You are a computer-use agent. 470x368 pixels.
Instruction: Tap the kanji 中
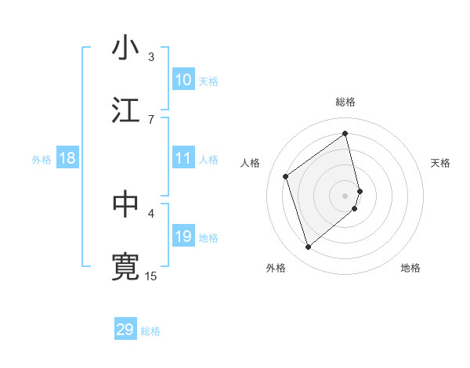pyautogui.click(x=126, y=204)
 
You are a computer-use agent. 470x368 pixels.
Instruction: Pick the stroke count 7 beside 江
pyautogui.click(x=151, y=119)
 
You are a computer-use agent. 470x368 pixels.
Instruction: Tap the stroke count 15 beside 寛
pyautogui.click(x=151, y=276)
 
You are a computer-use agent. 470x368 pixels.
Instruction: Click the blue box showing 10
pyautogui.click(x=183, y=80)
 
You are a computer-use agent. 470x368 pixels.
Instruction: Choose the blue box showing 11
pyautogui.click(x=183, y=158)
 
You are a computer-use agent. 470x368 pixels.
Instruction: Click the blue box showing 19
pyautogui.click(x=183, y=236)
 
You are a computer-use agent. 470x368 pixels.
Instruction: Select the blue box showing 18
pyautogui.click(x=67, y=159)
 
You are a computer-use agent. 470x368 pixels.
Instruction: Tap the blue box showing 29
pyautogui.click(x=125, y=330)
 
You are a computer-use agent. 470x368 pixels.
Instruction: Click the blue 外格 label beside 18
pyautogui.click(x=42, y=160)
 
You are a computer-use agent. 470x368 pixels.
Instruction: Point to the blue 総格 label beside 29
pyautogui.click(x=150, y=331)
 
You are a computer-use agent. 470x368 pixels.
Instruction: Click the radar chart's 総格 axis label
pyautogui.click(x=345, y=102)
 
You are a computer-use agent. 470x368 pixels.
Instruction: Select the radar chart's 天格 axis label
pyautogui.click(x=441, y=163)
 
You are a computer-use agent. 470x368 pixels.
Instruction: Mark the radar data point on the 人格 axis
pyautogui.click(x=286, y=176)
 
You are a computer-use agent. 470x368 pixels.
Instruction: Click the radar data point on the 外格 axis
pyautogui.click(x=308, y=247)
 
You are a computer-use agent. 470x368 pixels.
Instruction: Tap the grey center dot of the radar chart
pyautogui.click(x=345, y=195)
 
